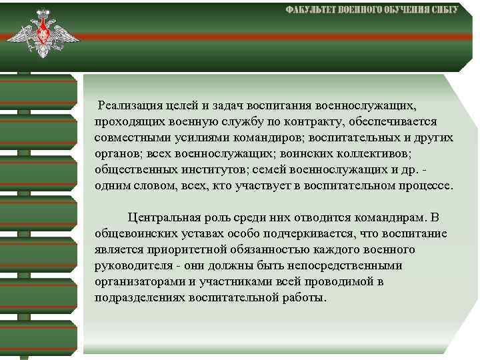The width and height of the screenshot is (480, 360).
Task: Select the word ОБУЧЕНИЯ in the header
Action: pyautogui.click(x=397, y=10)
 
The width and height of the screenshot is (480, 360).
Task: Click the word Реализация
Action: pyautogui.click(x=128, y=106)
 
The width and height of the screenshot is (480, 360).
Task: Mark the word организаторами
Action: pyautogui.click(x=137, y=282)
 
